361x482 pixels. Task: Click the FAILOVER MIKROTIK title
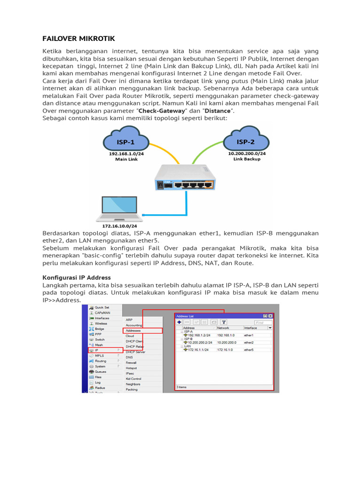78,38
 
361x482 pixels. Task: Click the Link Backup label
247,159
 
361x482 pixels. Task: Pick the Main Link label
126,159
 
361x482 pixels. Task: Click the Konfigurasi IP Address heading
77,277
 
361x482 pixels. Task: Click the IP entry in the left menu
97,350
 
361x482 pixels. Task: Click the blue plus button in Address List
179,322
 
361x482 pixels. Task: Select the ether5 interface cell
249,350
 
